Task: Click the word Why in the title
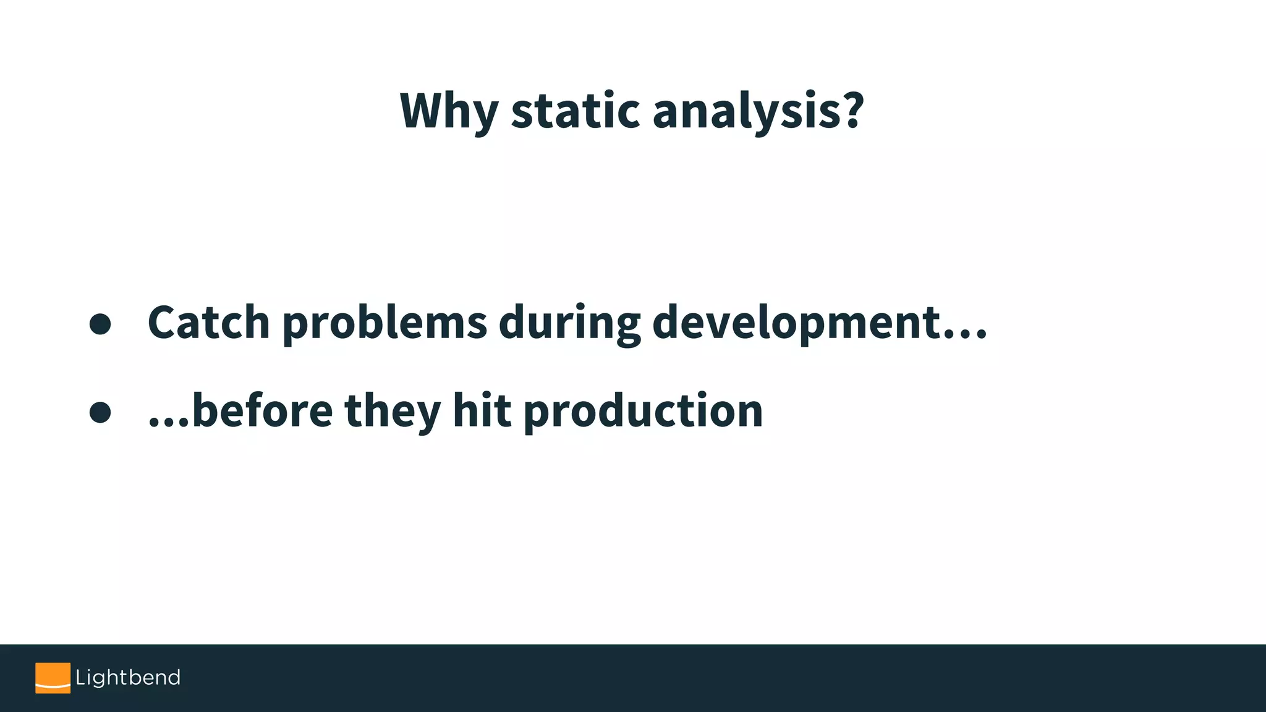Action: [x=448, y=111]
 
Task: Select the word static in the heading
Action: [x=576, y=111]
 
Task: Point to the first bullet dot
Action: [x=100, y=324]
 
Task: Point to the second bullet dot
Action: [x=100, y=412]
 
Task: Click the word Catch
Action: [x=209, y=323]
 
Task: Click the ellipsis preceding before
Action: [x=169, y=424]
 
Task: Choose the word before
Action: [x=263, y=411]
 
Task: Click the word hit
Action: [x=482, y=411]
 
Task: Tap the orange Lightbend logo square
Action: [x=53, y=678]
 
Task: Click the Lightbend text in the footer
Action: [x=128, y=678]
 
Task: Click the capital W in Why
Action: [x=425, y=111]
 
